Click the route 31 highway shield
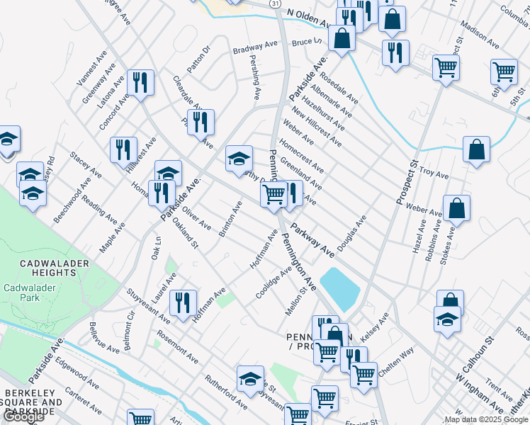click(274, 4)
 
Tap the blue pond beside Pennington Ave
click(342, 287)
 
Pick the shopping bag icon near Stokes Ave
click(457, 208)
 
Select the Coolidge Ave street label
click(274, 283)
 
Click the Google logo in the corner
click(23, 416)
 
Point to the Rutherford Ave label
click(226, 392)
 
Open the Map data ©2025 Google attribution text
click(485, 419)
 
